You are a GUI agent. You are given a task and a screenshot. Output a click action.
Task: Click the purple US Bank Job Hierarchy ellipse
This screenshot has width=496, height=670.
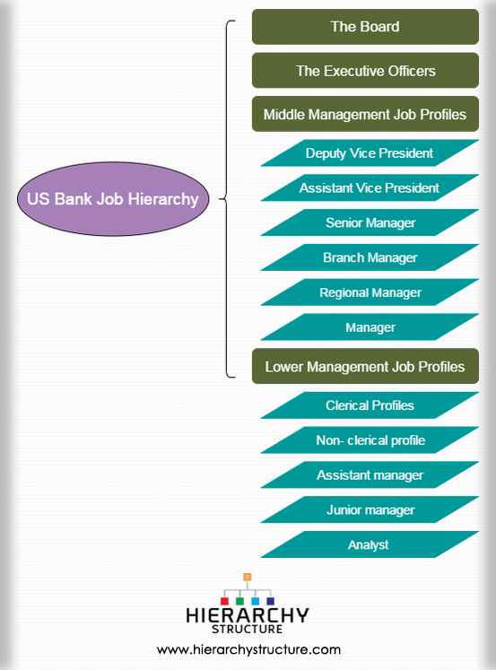pyautogui.click(x=113, y=199)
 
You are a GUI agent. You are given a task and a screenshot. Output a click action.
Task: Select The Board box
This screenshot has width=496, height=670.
pyautogui.click(x=365, y=27)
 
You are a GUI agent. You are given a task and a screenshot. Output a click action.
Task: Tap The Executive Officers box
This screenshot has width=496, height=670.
pyautogui.click(x=365, y=71)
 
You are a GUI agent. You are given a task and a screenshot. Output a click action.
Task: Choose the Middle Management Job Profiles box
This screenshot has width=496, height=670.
pyautogui.click(x=365, y=114)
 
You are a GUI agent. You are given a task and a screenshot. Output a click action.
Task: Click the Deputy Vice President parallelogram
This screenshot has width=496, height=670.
pyautogui.click(x=370, y=153)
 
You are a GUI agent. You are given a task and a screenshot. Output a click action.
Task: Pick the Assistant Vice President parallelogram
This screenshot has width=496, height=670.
pyautogui.click(x=370, y=187)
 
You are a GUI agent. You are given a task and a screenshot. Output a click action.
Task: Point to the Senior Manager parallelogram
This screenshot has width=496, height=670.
pyautogui.click(x=370, y=222)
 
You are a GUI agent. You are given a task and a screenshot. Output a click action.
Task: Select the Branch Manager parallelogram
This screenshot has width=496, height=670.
pyautogui.click(x=370, y=257)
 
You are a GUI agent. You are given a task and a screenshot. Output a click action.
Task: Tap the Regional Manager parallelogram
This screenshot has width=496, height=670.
pyautogui.click(x=370, y=292)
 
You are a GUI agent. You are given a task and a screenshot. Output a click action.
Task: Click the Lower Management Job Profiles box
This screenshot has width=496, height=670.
pyautogui.click(x=365, y=366)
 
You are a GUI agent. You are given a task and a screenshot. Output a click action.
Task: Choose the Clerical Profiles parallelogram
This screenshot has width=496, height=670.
pyautogui.click(x=370, y=405)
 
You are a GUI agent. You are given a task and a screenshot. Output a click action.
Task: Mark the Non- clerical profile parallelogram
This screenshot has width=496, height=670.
pyautogui.click(x=370, y=440)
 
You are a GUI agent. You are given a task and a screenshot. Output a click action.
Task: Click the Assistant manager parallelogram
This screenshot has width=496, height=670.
pyautogui.click(x=370, y=474)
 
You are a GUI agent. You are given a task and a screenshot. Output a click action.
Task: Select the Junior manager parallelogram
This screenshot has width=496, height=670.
pyautogui.click(x=370, y=509)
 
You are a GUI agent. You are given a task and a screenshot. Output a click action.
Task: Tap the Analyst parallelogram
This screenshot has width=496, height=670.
pyautogui.click(x=370, y=544)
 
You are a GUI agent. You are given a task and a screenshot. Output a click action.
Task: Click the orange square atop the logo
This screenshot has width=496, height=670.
pyautogui.click(x=248, y=577)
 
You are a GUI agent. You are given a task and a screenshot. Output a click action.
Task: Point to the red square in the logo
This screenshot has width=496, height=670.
pyautogui.click(x=224, y=601)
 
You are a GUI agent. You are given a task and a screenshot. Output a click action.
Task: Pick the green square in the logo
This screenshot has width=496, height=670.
pyautogui.click(x=239, y=601)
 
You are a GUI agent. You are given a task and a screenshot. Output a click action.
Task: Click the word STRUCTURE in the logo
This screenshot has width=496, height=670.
pyautogui.click(x=247, y=629)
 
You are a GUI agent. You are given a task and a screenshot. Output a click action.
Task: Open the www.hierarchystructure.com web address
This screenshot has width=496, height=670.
pyautogui.click(x=248, y=650)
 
